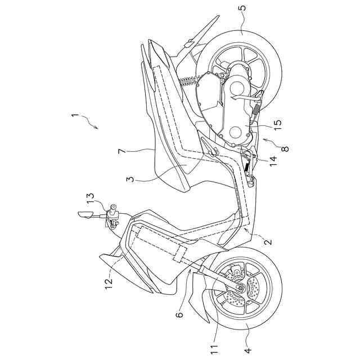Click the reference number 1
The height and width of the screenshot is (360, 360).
75,117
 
